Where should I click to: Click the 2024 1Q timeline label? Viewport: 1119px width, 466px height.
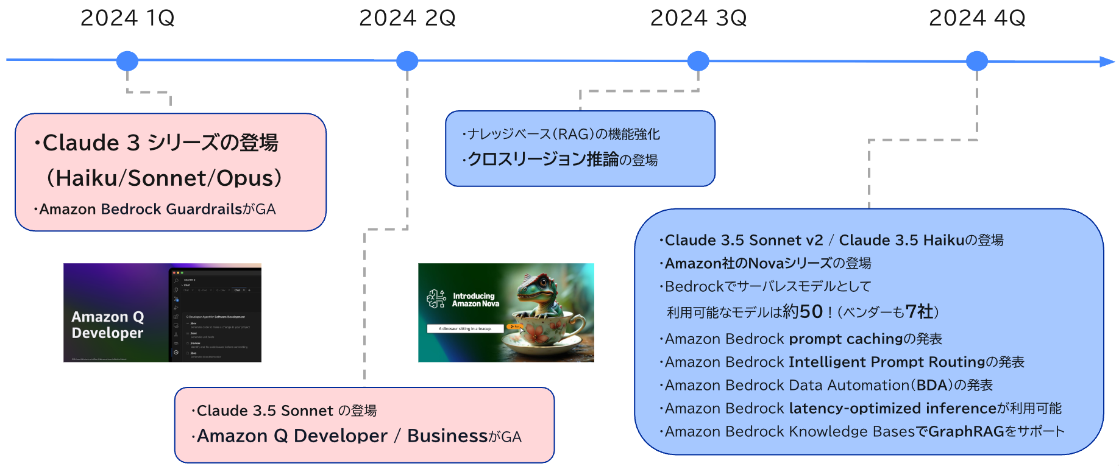pyautogui.click(x=127, y=18)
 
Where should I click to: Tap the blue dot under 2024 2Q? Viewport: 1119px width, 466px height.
pyautogui.click(x=407, y=61)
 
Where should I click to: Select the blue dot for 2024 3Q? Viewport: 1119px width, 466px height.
pyautogui.click(x=698, y=61)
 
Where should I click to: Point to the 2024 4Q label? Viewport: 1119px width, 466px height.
pyautogui.click(x=977, y=18)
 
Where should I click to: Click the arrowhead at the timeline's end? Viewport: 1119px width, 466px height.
pyautogui.click(x=1107, y=62)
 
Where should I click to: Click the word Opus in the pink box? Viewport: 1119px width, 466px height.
pyautogui.click(x=244, y=178)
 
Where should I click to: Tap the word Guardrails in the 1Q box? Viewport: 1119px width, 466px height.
pyautogui.click(x=204, y=210)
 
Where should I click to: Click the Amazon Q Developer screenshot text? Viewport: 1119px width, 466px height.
pyautogui.click(x=108, y=325)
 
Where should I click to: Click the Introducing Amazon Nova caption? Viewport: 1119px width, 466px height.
pyautogui.click(x=475, y=300)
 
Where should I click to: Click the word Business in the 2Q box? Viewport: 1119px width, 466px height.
pyautogui.click(x=447, y=436)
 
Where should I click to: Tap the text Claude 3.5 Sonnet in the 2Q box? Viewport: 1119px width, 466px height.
pyautogui.click(x=265, y=411)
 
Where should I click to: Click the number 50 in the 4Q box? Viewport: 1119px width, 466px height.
pyautogui.click(x=811, y=312)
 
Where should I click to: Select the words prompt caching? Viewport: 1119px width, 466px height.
pyautogui.click(x=845, y=339)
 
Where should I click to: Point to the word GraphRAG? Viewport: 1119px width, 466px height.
pyautogui.click(x=966, y=432)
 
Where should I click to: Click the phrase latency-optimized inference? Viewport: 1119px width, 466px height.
pyautogui.click(x=892, y=409)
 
